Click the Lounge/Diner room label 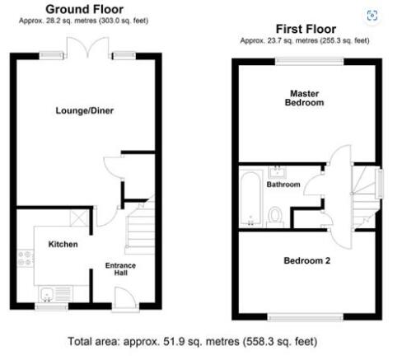85,110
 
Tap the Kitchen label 63,244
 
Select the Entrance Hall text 120,269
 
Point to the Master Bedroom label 304,98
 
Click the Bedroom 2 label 306,260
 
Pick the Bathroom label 283,185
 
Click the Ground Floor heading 85,9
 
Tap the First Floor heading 306,29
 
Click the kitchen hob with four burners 26,259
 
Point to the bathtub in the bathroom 250,199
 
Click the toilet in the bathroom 275,217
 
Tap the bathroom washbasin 278,172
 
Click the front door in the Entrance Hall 125,299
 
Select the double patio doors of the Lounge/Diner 87,47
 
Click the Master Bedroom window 310,61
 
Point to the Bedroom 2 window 306,318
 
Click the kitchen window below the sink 52,306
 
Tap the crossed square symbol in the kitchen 79,217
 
